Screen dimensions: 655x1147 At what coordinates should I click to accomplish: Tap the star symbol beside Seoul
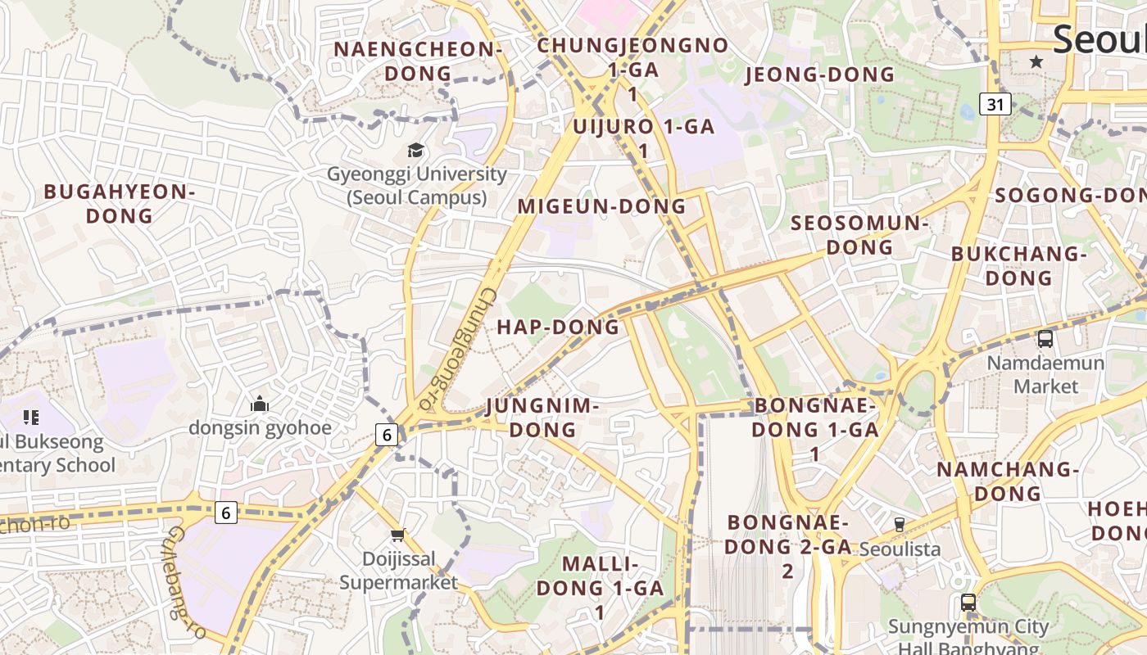click(x=1036, y=61)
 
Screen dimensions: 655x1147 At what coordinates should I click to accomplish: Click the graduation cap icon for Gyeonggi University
click(x=416, y=150)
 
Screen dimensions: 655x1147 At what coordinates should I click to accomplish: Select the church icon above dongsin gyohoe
click(x=260, y=403)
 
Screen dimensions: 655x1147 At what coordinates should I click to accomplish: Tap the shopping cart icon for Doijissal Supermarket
click(x=398, y=535)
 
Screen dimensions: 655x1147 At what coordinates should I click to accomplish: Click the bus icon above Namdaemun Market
click(x=1045, y=338)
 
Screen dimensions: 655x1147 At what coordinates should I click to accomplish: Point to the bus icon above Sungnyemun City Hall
click(x=968, y=603)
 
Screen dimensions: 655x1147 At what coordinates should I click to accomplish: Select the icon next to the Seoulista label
click(x=899, y=525)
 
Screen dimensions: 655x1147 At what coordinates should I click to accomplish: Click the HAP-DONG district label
click(x=558, y=327)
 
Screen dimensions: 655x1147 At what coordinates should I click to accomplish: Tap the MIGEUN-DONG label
click(x=601, y=206)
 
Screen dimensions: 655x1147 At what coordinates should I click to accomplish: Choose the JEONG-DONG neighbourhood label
click(x=820, y=75)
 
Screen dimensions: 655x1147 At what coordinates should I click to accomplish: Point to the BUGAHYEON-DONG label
click(x=120, y=204)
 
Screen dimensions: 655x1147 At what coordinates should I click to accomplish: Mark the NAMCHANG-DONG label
click(x=1008, y=481)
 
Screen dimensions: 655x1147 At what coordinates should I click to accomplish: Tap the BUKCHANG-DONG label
click(x=1018, y=266)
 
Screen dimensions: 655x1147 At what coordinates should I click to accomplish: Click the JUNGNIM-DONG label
click(x=542, y=418)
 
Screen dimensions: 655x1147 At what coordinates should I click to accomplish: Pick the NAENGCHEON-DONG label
click(x=418, y=61)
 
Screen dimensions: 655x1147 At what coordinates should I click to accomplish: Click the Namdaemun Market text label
click(x=1045, y=373)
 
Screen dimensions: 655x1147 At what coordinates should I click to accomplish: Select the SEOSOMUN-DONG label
click(x=859, y=235)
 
